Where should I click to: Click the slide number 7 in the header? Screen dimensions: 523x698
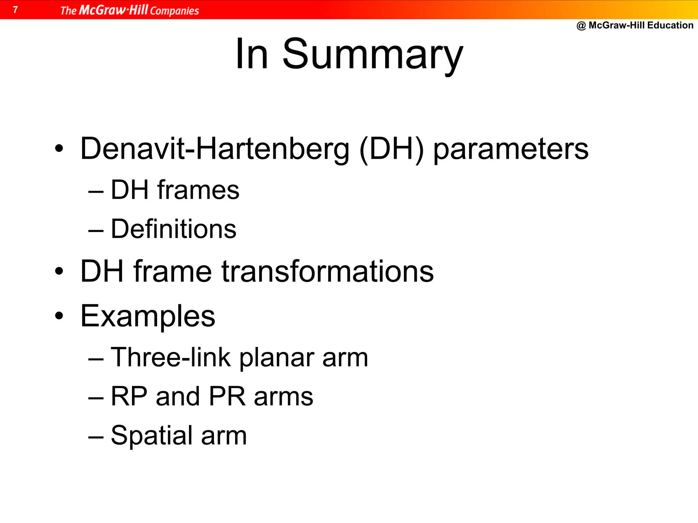pos(15,10)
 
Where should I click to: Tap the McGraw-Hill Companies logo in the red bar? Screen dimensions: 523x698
pos(130,10)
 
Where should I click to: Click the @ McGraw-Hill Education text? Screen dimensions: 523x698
pos(635,25)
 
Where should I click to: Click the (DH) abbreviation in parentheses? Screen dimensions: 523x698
pos(391,149)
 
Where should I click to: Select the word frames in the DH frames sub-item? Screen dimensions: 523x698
pos(198,190)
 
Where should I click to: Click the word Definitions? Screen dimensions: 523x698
pos(173,229)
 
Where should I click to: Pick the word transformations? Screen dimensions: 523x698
pos(328,271)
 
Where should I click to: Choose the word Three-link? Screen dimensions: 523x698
pos(170,357)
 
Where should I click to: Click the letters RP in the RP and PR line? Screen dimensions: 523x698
pos(129,396)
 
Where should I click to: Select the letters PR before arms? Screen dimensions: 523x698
pos(227,396)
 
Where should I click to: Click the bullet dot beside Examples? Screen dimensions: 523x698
pos(59,316)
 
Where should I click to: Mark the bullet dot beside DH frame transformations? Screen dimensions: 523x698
pos(59,271)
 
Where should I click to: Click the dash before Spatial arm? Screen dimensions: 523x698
pos(96,437)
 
